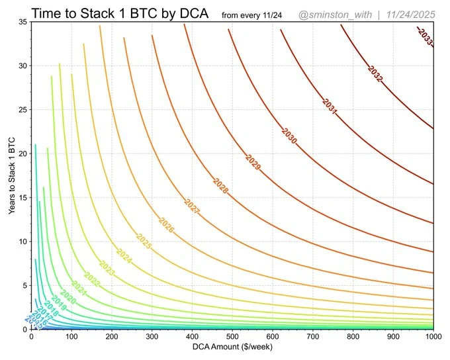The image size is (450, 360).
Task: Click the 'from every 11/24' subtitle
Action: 253,15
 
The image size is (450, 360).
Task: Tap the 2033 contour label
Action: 425,37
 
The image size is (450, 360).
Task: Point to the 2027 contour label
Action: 192,207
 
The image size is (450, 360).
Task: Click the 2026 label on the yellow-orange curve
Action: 167,226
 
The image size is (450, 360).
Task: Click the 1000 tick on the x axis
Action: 433,337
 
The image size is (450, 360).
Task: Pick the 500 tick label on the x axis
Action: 232,337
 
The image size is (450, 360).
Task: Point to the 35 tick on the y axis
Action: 22,22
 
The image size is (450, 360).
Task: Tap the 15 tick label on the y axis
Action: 22,197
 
